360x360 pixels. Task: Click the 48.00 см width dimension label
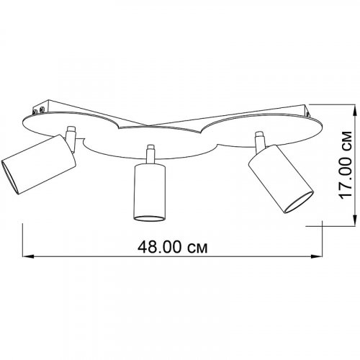tap(172, 247)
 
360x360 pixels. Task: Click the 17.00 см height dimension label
tap(346, 166)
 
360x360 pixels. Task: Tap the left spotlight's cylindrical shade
tap(39, 164)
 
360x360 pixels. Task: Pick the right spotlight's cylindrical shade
tap(281, 179)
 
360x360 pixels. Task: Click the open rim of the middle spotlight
tap(150, 218)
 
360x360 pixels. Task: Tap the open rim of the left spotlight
tap(9, 177)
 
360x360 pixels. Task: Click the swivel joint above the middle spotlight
tap(150, 154)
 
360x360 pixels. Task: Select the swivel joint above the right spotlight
tap(260, 142)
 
